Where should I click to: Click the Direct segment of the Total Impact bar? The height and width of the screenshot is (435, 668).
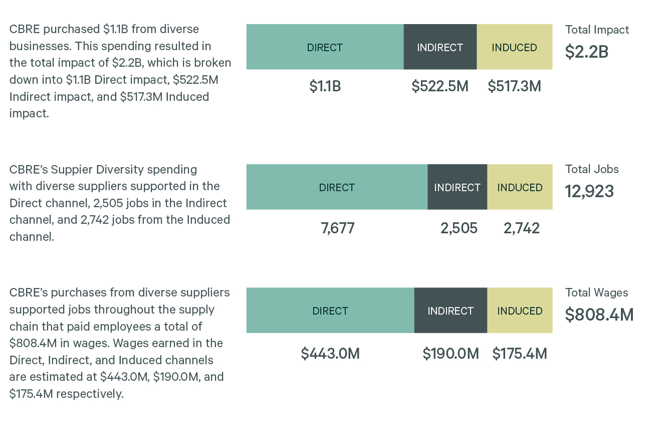pos(325,47)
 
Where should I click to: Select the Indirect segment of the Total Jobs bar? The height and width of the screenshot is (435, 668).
pos(457,187)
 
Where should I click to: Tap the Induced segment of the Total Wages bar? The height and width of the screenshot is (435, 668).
pos(520,311)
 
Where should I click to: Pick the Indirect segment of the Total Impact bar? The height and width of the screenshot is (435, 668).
pos(440,47)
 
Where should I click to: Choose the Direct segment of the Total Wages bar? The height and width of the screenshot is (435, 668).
pos(330,311)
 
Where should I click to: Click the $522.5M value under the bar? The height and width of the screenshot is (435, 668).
pos(440,86)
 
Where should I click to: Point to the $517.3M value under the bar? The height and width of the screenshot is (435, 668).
pos(514,86)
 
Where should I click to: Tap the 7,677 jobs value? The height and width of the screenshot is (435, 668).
pos(337,228)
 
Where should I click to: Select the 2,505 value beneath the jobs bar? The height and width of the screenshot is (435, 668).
pos(459,228)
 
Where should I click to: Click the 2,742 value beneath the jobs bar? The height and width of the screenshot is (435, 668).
pos(521,228)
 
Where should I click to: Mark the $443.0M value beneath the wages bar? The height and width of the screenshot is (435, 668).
pos(330,354)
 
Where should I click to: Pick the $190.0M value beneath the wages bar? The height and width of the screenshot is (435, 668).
pos(451,354)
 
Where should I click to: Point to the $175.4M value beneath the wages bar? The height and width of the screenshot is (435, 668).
pos(520,354)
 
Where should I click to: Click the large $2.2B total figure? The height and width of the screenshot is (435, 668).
pos(586,52)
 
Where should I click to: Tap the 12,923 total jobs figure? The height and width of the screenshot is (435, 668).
pos(589,191)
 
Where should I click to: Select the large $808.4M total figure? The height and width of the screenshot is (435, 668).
pos(599,315)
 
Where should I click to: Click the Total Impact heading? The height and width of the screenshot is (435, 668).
pos(597,30)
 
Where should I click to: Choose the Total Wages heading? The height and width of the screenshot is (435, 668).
pos(596,293)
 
